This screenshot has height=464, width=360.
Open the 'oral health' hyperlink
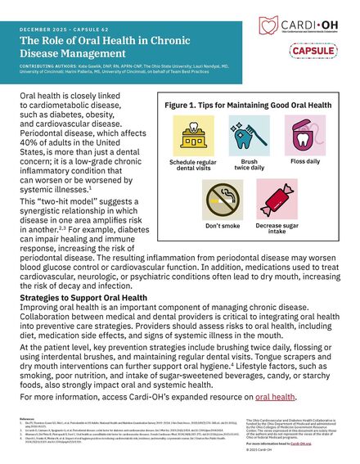click(x=275, y=395)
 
